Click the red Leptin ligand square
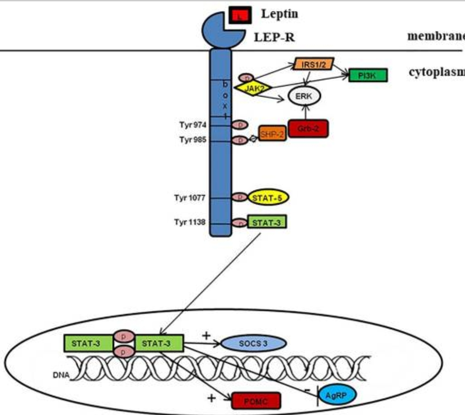pos(240,16)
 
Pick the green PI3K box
pos(368,75)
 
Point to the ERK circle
pos(304,95)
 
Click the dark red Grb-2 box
pos(308,128)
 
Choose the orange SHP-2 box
pos(272,133)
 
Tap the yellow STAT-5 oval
pos(268,198)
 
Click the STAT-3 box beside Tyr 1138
pos(267,221)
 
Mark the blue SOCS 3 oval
pos(254,343)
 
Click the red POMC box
pos(256,401)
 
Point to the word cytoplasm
pos(436,74)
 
